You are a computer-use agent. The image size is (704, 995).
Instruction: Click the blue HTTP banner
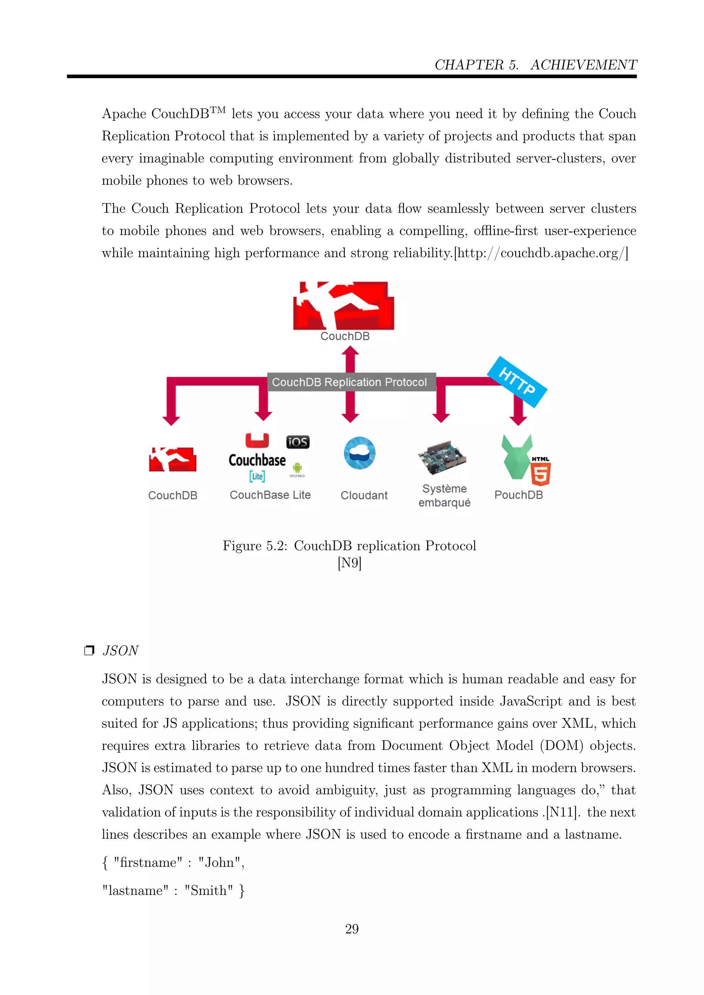[517, 381]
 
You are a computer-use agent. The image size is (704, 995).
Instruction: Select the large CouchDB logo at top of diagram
[343, 305]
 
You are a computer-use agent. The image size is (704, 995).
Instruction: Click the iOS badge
[298, 442]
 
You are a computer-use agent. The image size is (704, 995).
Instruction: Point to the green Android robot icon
[297, 468]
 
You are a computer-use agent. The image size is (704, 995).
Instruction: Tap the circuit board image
[442, 458]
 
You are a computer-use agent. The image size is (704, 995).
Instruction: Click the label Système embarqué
[444, 495]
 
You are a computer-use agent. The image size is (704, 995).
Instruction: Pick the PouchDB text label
[518, 495]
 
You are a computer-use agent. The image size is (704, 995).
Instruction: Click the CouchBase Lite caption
[270, 495]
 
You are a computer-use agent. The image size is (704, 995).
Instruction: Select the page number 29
[352, 929]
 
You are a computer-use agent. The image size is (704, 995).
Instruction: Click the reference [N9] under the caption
[349, 563]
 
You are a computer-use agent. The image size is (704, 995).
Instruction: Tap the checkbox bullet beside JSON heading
[89, 650]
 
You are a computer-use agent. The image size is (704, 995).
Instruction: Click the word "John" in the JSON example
[219, 862]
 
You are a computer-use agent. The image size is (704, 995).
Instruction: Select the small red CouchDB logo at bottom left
[173, 459]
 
